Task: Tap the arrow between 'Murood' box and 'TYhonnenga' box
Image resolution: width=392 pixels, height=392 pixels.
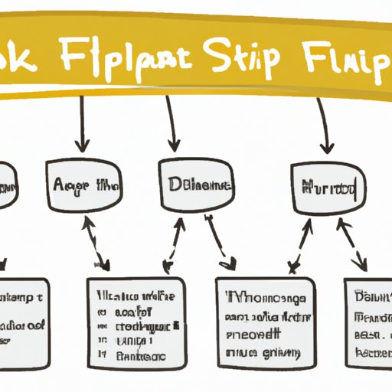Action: coord(300,245)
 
